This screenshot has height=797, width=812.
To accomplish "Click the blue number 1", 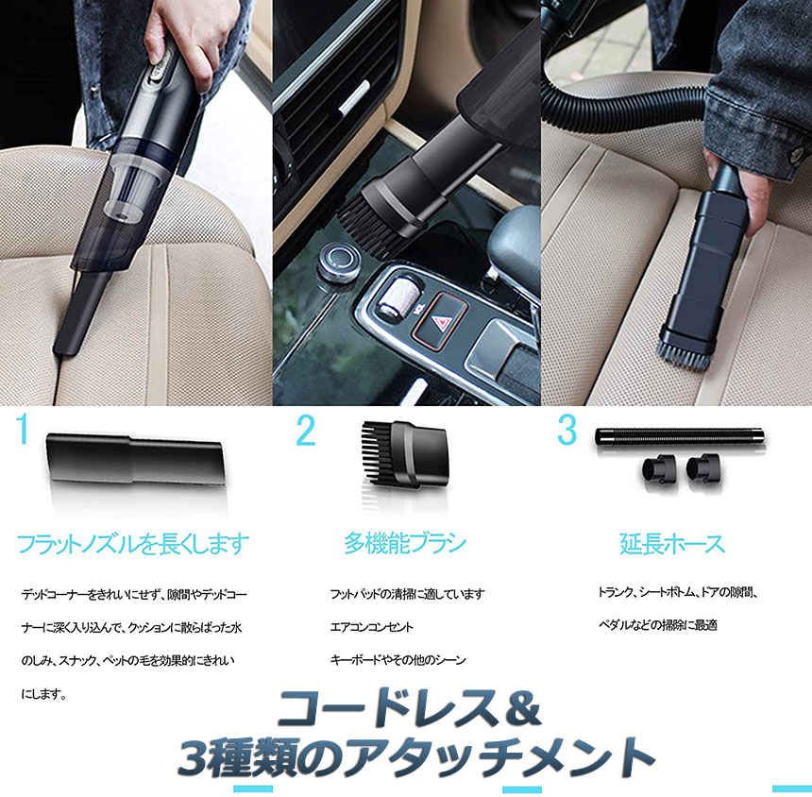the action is tap(21, 429).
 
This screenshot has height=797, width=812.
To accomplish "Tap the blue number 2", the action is tap(306, 431).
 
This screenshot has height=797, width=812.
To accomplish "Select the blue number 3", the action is tap(567, 430).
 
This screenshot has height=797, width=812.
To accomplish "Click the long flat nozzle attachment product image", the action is tap(136, 460).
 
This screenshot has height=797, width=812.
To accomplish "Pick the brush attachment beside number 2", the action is tap(404, 454).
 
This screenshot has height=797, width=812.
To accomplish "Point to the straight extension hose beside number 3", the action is tap(680, 435).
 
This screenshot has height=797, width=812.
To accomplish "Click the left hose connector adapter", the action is tap(659, 468).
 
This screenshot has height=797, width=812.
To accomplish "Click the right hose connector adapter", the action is tap(703, 468).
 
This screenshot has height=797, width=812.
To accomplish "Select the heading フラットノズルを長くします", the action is tap(133, 544).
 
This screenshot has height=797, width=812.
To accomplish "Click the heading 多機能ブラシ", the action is tap(405, 543).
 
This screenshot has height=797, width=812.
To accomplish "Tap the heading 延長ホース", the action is tap(671, 544).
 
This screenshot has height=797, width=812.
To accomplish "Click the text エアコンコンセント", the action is tap(372, 627).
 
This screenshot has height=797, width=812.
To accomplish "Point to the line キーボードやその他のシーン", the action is tap(398, 660).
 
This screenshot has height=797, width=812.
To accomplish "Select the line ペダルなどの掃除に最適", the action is tap(658, 625).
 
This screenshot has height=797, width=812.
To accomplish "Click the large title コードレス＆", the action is tap(409, 709).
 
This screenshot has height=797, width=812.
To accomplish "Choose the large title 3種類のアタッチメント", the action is tap(415, 757).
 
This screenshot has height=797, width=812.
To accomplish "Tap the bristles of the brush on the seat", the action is tap(684, 353).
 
